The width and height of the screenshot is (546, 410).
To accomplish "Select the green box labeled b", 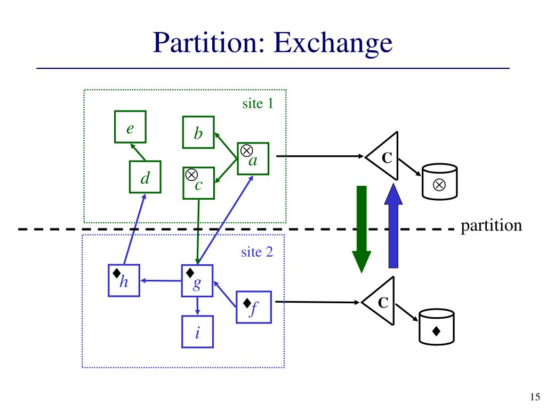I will pyautogui.click(x=198, y=132).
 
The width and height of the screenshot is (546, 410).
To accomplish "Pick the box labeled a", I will pyautogui.click(x=253, y=159).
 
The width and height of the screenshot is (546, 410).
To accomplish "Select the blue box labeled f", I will pyautogui.click(x=253, y=307).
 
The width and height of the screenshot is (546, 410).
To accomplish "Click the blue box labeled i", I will pyautogui.click(x=198, y=332).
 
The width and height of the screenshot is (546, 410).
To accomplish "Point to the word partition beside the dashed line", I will pyautogui.click(x=491, y=225).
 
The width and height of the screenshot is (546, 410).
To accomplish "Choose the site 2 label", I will pyautogui.click(x=256, y=251).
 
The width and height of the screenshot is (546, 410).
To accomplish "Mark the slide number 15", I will pyautogui.click(x=535, y=396).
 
